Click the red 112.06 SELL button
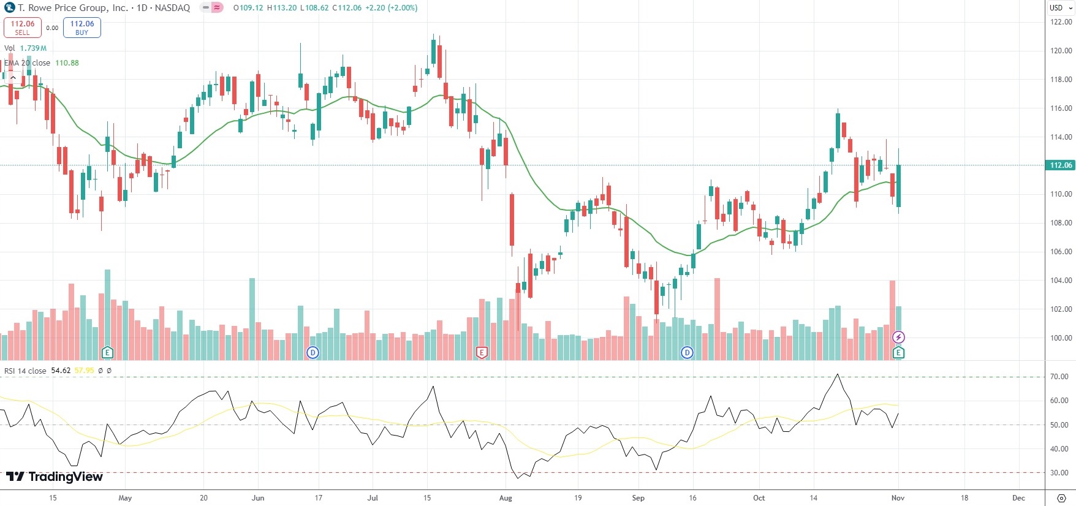pos(22,28)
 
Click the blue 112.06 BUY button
pos(82,28)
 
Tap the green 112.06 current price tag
pos(1061,165)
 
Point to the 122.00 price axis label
pos(1061,22)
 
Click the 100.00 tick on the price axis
pos(1061,338)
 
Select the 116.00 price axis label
pos(1061,108)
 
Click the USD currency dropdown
pos(1059,8)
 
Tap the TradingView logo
pos(55,477)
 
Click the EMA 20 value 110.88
pos(67,63)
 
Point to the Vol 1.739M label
pos(25,48)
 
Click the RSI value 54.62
pos(61,371)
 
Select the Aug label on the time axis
pos(506,498)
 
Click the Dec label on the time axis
pos(1018,498)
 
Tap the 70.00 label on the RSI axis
pos(1059,377)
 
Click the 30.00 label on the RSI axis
pos(1059,473)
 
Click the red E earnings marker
pos(482,352)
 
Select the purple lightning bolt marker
pos(898,338)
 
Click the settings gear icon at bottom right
pos(1061,498)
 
